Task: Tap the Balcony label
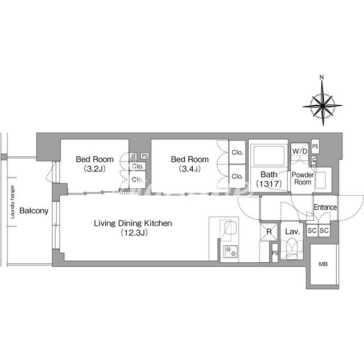pyautogui.click(x=34, y=210)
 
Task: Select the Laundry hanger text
pyautogui.click(x=13, y=202)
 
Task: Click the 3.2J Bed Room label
pyautogui.click(x=95, y=164)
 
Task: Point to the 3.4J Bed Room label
pyautogui.click(x=189, y=164)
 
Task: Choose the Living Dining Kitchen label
pyautogui.click(x=133, y=227)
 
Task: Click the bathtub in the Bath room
pyautogui.click(x=269, y=155)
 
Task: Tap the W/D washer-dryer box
pyautogui.click(x=300, y=151)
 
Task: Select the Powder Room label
pyautogui.click(x=303, y=178)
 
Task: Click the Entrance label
pyautogui.click(x=325, y=207)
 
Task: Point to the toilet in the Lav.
pyautogui.click(x=292, y=249)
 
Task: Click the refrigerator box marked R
pyautogui.click(x=269, y=231)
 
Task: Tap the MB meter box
pyautogui.click(x=323, y=264)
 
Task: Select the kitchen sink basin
pyautogui.click(x=230, y=228)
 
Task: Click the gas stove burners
pyautogui.click(x=230, y=251)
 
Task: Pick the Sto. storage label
pyautogui.click(x=133, y=157)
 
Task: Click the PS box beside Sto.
pyautogui.click(x=145, y=155)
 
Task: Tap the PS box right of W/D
pyautogui.click(x=315, y=147)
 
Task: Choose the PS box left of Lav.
pyautogui.click(x=275, y=253)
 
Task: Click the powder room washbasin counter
pyautogui.click(x=323, y=180)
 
